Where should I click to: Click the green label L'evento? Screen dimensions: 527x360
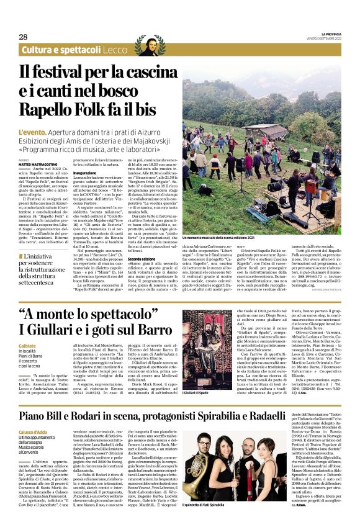[33, 133]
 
